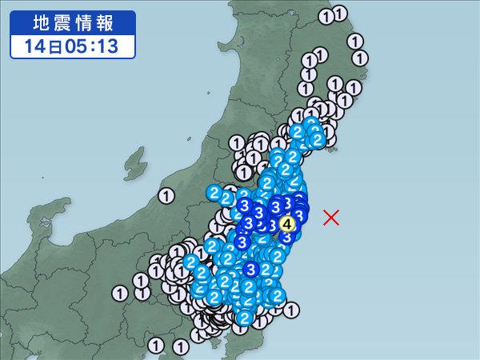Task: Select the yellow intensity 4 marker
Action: coord(289,225)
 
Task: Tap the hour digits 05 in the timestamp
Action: coord(70,46)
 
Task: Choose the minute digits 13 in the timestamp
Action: coord(106,46)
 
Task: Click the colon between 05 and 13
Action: coord(88,46)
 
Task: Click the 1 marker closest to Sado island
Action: coord(166,194)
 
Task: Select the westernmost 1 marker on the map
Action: coord(120,294)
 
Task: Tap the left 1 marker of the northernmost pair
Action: coord(326,14)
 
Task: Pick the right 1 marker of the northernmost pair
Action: coord(341,14)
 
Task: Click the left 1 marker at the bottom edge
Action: coord(157,345)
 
